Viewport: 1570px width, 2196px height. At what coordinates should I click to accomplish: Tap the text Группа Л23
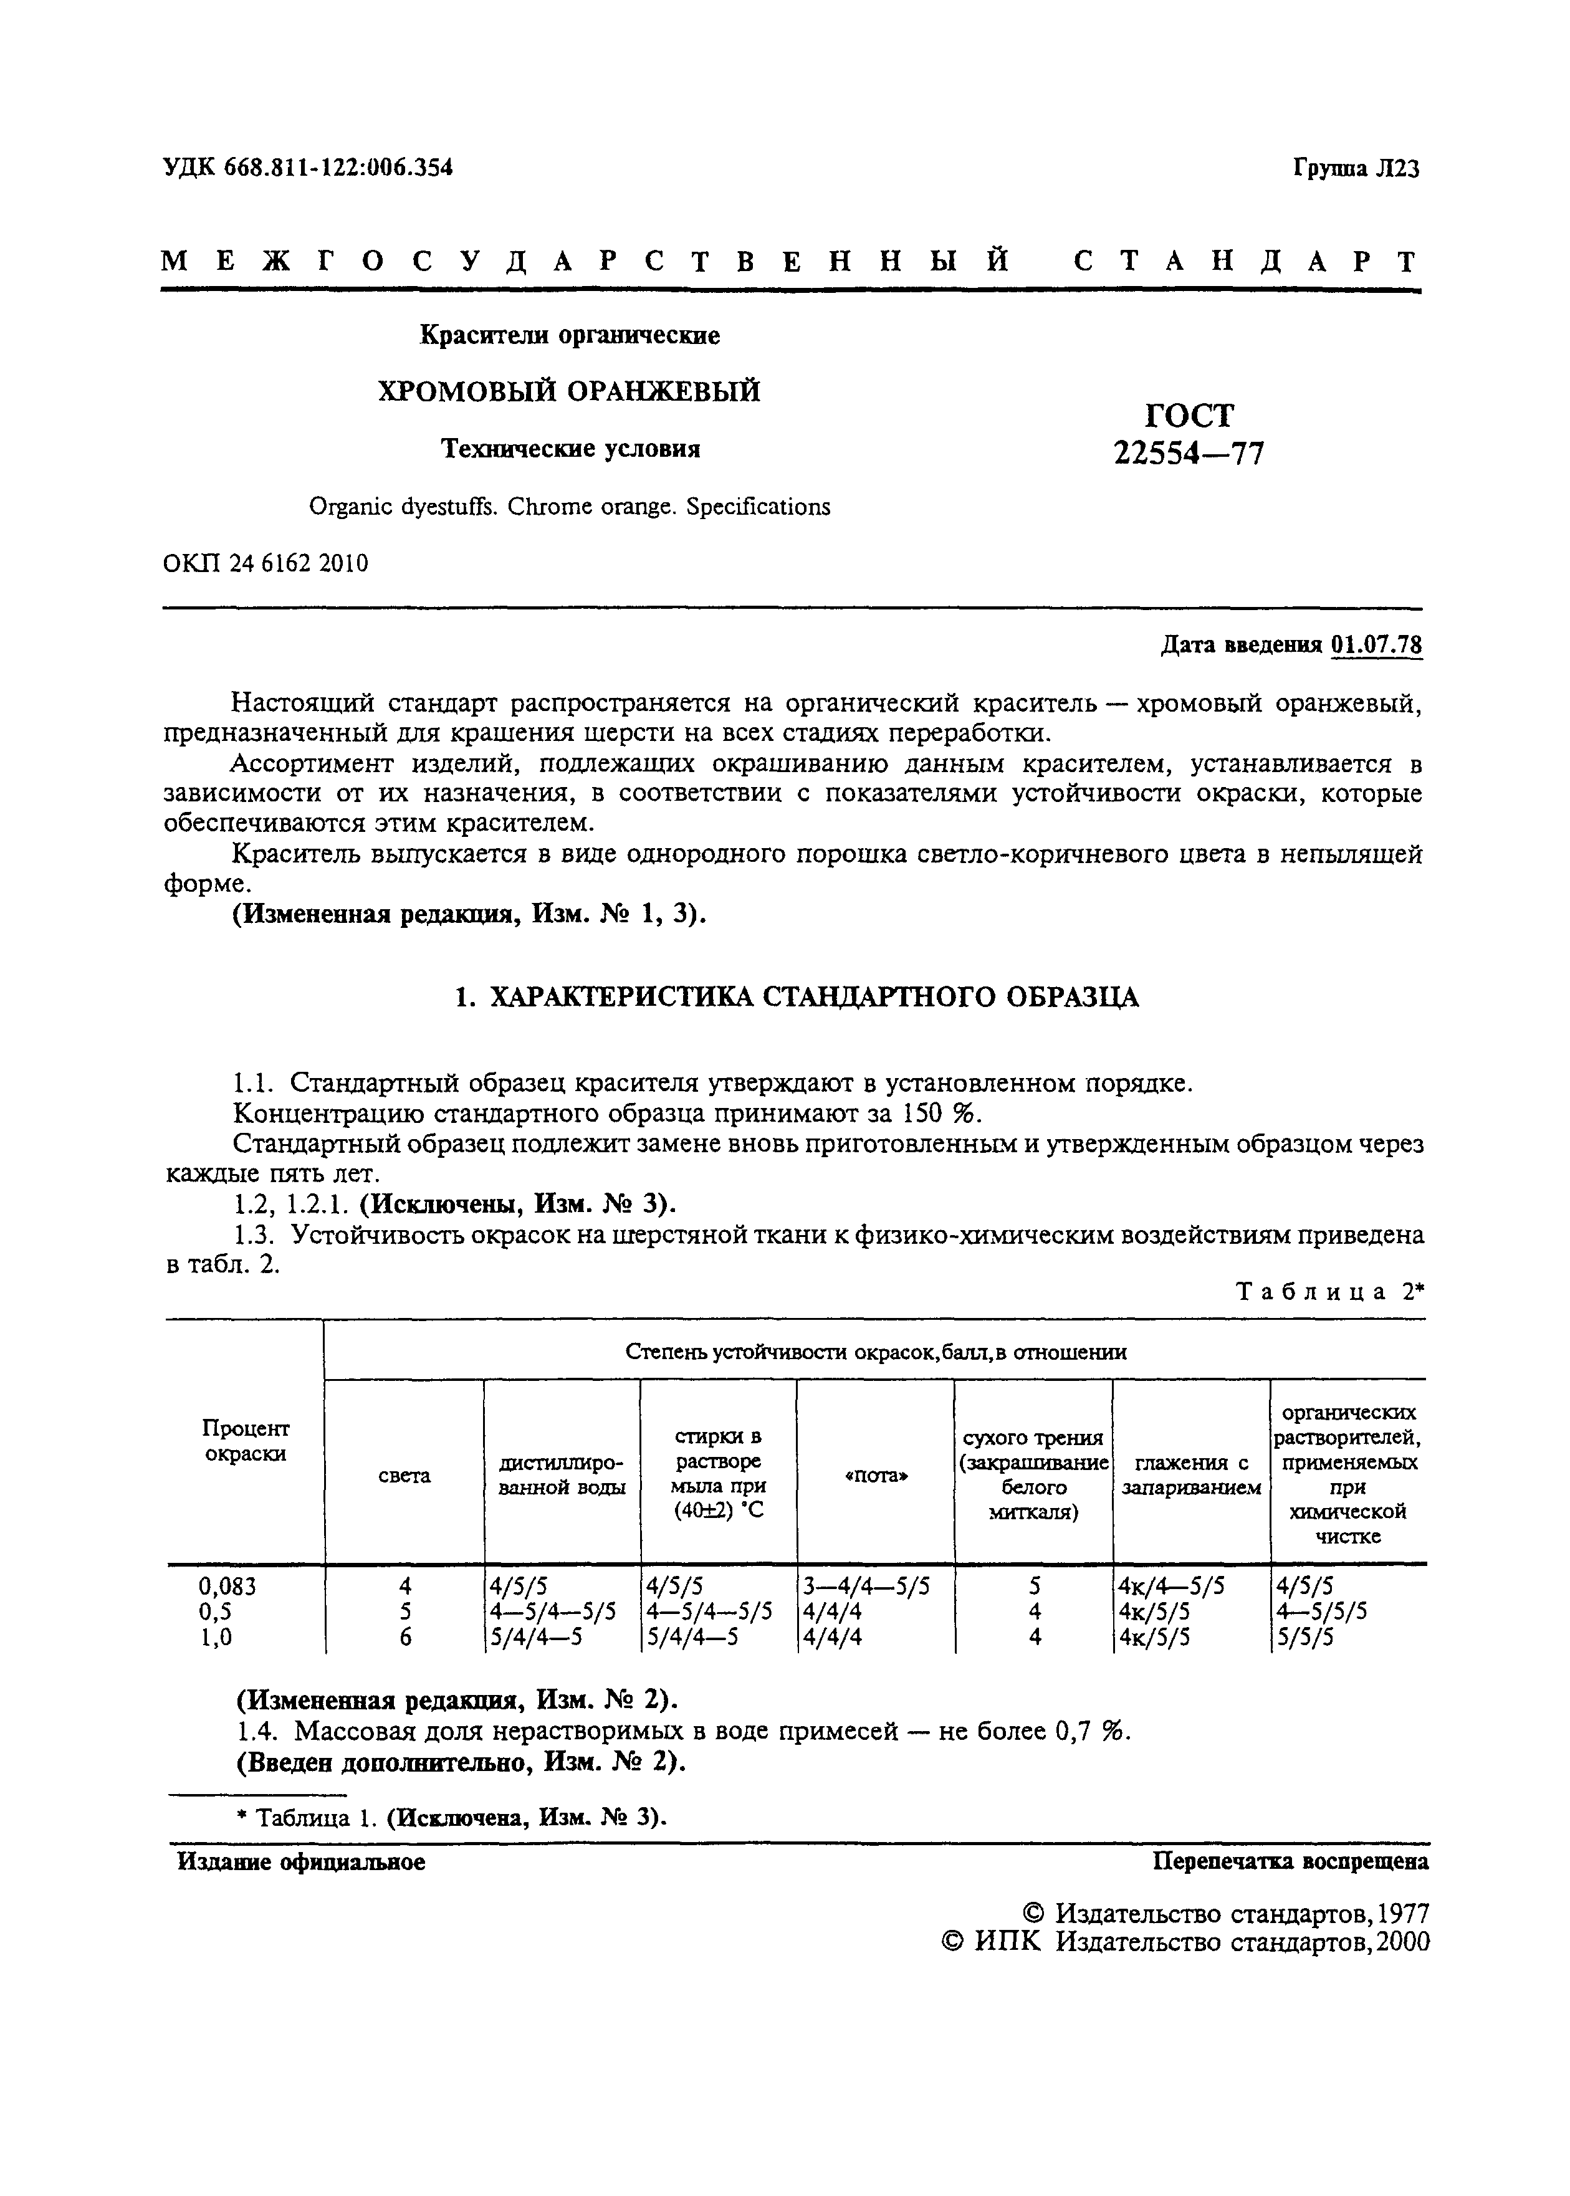point(1356,169)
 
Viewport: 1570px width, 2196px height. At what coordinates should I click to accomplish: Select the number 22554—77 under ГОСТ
point(1189,452)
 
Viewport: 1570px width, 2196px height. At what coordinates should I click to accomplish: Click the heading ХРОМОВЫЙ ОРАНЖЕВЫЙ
point(568,391)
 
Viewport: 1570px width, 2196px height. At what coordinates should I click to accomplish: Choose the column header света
point(404,1476)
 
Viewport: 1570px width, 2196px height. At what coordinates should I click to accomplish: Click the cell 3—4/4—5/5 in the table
point(865,1586)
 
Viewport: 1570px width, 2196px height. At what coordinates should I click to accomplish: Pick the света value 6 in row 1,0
point(405,1637)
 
